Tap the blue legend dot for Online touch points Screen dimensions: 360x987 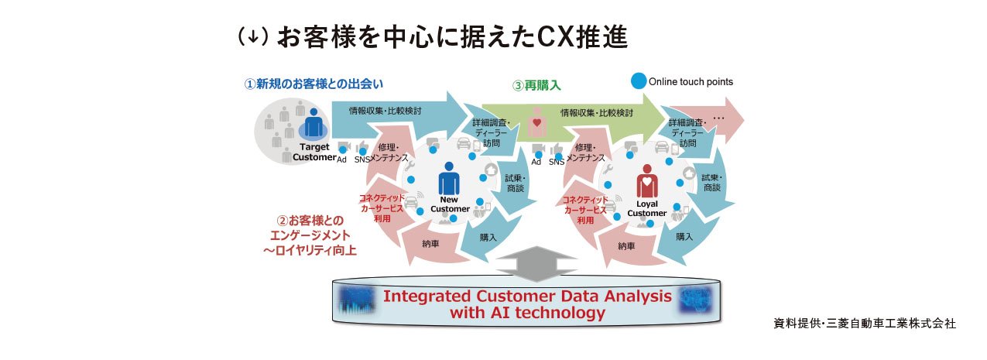pyautogui.click(x=638, y=81)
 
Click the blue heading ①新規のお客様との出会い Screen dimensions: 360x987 pyautogui.click(x=314, y=84)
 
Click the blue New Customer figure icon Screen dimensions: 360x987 pyautogui.click(x=449, y=180)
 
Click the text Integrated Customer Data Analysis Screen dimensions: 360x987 pyautogui.click(x=526, y=296)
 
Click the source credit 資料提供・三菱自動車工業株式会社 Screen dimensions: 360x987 pyautogui.click(x=864, y=323)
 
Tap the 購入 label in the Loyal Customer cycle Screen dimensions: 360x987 pyautogui.click(x=684, y=236)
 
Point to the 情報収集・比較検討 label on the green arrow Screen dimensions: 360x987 pyautogui.click(x=597, y=113)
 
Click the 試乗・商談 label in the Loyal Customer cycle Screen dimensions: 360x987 pyautogui.click(x=711, y=182)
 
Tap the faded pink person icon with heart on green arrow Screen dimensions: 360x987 pyautogui.click(x=535, y=122)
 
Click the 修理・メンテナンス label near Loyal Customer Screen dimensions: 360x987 pyautogui.click(x=584, y=152)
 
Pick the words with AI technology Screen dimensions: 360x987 pyautogui.click(x=526, y=313)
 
